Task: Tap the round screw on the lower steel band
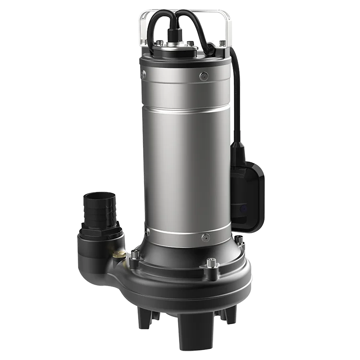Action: pyautogui.click(x=205, y=237)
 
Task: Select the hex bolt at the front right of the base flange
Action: pyautogui.click(x=212, y=263)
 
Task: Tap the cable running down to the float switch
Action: pyautogui.click(x=237, y=96)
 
